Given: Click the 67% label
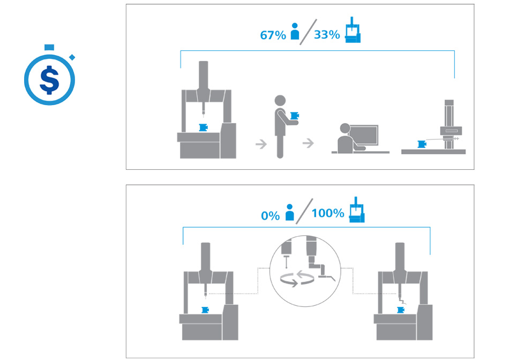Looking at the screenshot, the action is [x=273, y=35].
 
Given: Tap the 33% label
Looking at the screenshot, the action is [x=327, y=34].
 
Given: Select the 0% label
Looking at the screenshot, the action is [x=271, y=215].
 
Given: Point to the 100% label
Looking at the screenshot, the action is [x=328, y=213].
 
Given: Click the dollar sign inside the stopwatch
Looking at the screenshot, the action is [x=49, y=80].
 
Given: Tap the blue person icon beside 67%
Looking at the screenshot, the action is [x=295, y=31].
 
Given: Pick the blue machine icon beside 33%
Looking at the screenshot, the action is [x=353, y=29].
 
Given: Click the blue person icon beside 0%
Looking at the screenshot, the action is [x=289, y=212].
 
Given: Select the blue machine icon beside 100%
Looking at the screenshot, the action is [x=357, y=210].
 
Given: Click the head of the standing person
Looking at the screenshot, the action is [x=280, y=101].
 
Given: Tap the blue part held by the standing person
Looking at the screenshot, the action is [x=295, y=116].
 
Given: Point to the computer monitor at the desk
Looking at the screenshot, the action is [x=364, y=136].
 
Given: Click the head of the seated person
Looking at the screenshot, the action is [x=345, y=129].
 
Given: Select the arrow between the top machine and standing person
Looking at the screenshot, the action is [x=261, y=144].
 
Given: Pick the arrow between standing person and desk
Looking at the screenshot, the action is [x=308, y=142].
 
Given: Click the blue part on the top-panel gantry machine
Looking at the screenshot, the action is [x=204, y=127].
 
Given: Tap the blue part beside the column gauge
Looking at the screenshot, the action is [x=422, y=144].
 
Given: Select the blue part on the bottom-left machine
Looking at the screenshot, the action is [x=205, y=310].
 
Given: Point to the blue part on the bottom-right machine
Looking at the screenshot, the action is [x=401, y=310].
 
